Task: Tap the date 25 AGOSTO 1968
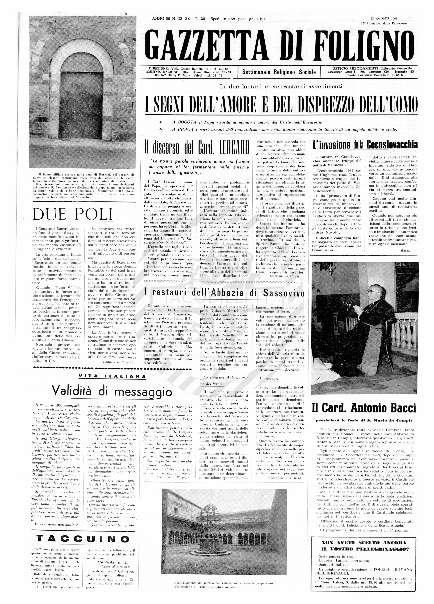[384, 19]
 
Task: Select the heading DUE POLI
[72, 214]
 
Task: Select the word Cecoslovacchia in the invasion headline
[392, 145]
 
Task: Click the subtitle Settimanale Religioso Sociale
[279, 72]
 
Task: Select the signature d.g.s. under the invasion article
[405, 251]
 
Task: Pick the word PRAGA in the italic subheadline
[182, 130]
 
